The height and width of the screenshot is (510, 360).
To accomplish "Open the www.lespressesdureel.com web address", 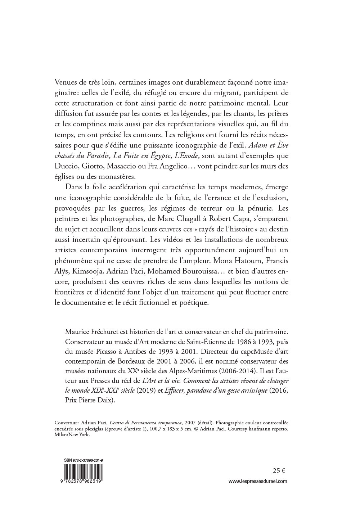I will [258, 481].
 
